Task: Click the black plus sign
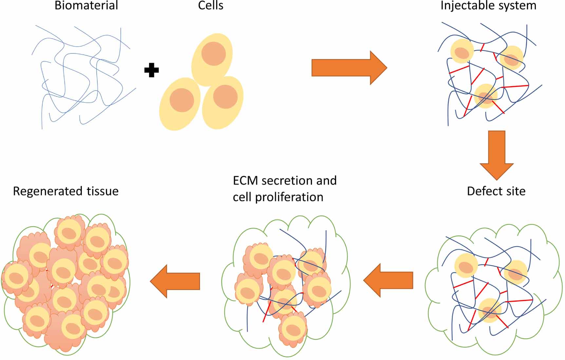click(151, 70)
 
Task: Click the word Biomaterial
click(86, 6)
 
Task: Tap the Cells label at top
click(211, 6)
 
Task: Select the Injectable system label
click(488, 6)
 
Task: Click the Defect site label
click(496, 191)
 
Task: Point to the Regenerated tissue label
click(66, 191)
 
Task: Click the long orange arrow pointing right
click(349, 68)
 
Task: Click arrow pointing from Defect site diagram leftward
click(388, 280)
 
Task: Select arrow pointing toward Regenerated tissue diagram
click(175, 281)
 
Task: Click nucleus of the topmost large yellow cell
click(214, 54)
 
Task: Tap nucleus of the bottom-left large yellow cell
click(181, 100)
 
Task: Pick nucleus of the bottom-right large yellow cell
click(225, 97)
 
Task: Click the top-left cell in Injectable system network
click(462, 51)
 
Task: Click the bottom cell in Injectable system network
click(486, 96)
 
